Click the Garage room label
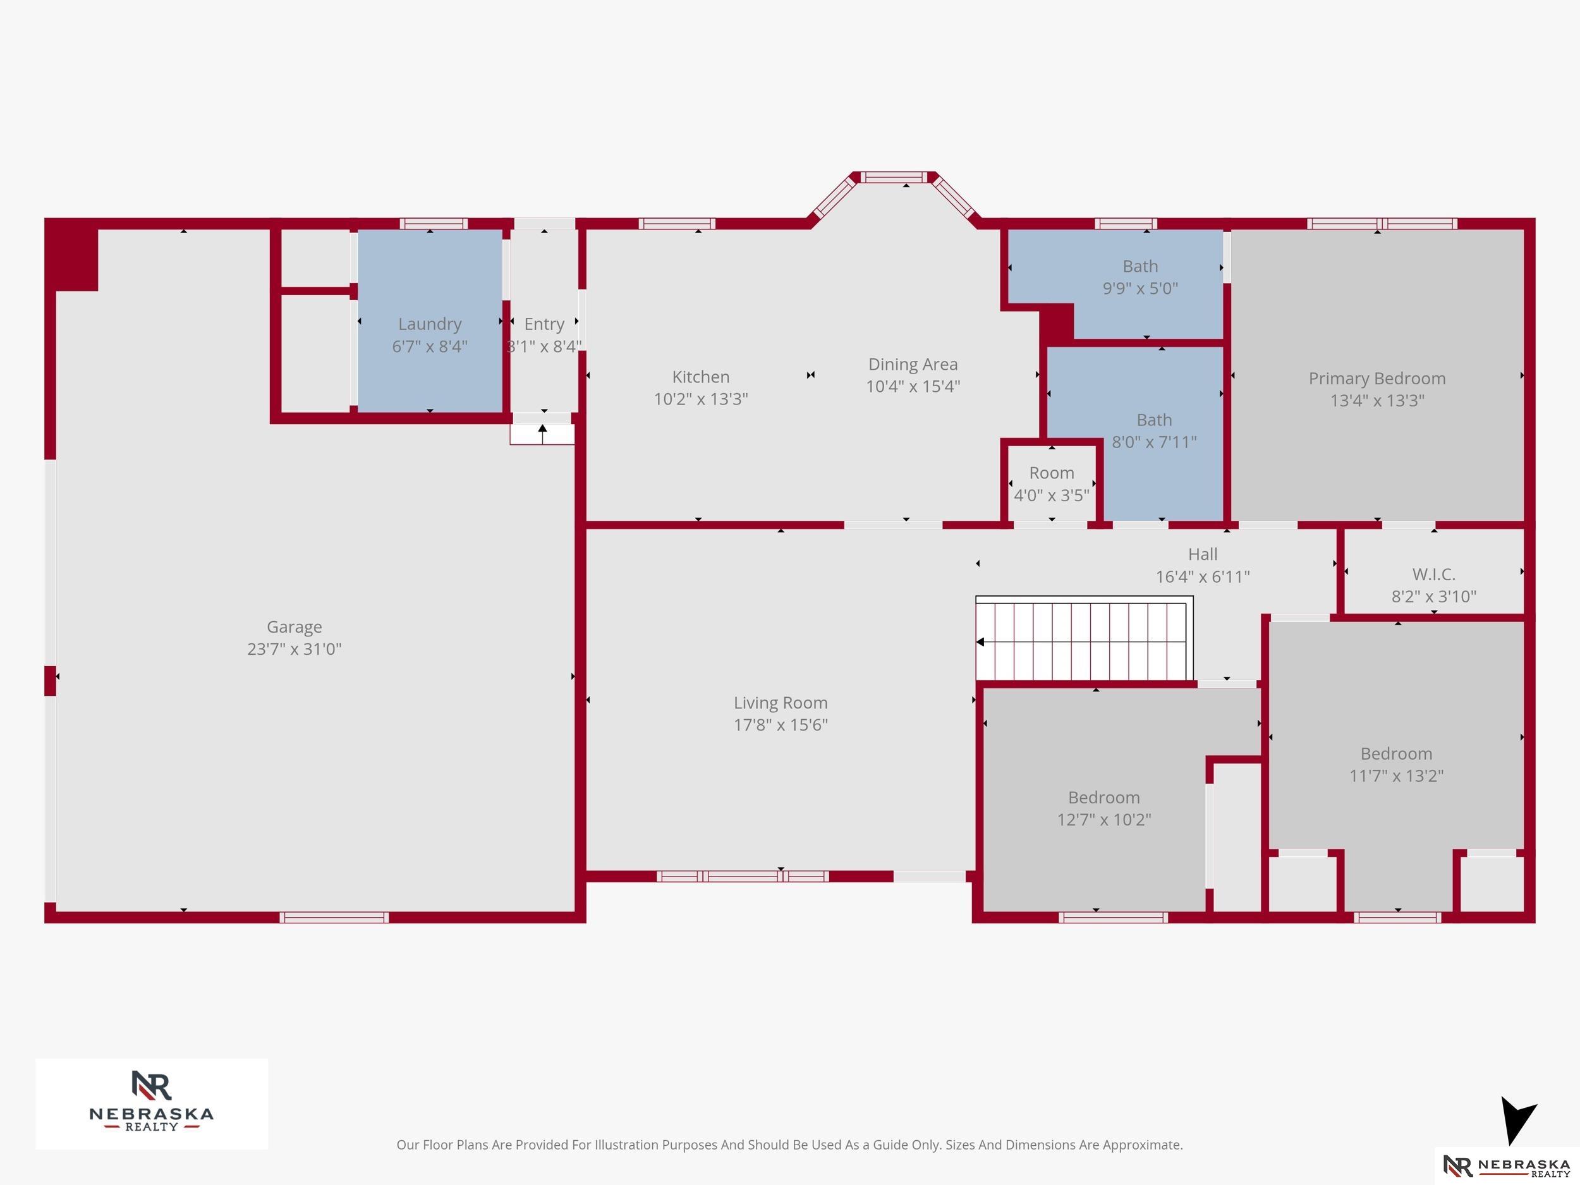295,627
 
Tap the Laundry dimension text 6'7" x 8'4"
430,346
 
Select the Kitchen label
701,377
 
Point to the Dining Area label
913,364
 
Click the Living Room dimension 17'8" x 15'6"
781,725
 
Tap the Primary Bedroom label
1377,379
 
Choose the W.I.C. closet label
1433,574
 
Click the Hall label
1203,554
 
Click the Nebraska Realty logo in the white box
152,1103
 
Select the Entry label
544,324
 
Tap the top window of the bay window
894,177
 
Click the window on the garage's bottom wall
334,917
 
